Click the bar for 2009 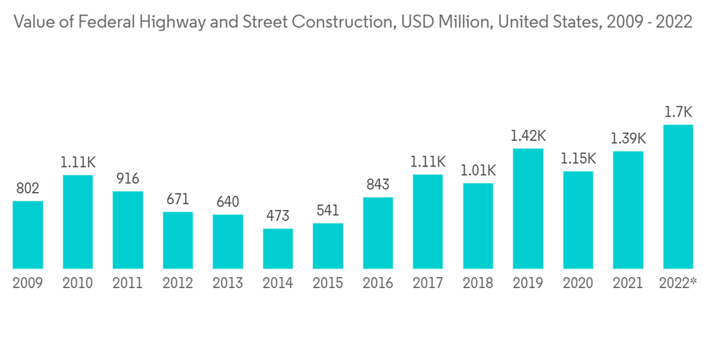click(x=28, y=234)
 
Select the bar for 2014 click(x=278, y=249)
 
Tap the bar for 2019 click(x=528, y=209)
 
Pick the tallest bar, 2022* click(x=678, y=196)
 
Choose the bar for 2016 click(x=378, y=233)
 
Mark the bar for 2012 click(x=178, y=240)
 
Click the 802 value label click(x=28, y=189)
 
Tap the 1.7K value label click(x=678, y=113)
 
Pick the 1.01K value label click(x=478, y=171)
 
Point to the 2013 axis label click(x=228, y=284)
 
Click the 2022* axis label click(x=678, y=284)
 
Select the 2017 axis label click(x=428, y=284)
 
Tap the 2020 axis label click(x=578, y=284)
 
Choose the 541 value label click(x=328, y=211)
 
